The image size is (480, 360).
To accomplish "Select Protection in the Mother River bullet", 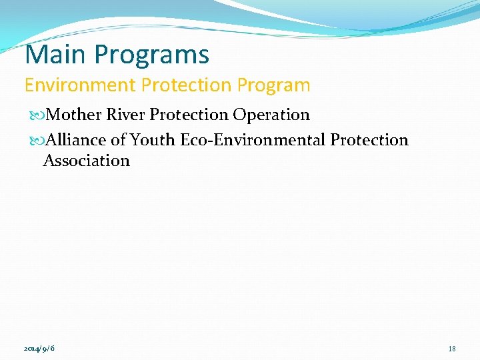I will pyautogui.click(x=189, y=115).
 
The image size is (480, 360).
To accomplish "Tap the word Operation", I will pyautogui.click(x=271, y=115).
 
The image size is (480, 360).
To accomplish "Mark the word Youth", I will pyautogui.click(x=153, y=140).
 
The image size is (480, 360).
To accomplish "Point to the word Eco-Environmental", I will pyautogui.click(x=253, y=140).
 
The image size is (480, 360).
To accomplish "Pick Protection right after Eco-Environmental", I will pyautogui.click(x=369, y=140).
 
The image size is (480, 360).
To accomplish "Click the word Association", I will pyautogui.click(x=87, y=161).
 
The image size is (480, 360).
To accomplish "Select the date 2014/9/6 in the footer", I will pyautogui.click(x=39, y=349).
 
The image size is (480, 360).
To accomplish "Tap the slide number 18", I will pyautogui.click(x=452, y=349).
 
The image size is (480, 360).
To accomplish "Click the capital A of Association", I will pyautogui.click(x=49, y=161).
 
